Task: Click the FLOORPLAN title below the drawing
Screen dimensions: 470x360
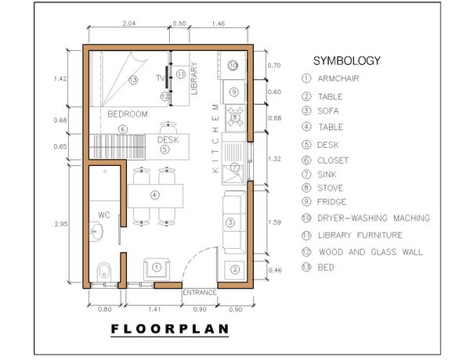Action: tap(170, 329)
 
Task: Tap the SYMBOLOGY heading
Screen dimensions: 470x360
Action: tap(347, 61)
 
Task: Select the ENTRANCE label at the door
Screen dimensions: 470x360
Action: tap(200, 293)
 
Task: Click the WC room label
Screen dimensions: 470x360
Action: tap(104, 215)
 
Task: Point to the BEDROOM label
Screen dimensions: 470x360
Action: tap(128, 114)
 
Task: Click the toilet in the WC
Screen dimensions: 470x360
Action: tap(104, 272)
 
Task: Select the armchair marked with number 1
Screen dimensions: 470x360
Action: tap(157, 268)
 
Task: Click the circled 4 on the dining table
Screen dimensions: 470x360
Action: tap(154, 196)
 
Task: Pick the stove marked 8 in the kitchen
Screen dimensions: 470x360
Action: tap(235, 117)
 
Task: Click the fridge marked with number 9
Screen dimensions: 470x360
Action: tap(233, 92)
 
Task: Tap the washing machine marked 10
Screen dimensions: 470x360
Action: tap(233, 65)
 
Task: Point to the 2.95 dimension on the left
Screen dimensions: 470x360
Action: tap(61, 224)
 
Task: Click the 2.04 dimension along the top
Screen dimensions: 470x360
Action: tap(129, 23)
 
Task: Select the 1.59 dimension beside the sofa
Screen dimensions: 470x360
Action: tap(275, 222)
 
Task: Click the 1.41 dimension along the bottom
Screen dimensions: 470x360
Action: tap(154, 309)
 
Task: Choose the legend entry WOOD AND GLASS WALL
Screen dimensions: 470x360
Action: tap(371, 252)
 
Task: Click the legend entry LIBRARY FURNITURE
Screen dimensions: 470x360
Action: tap(360, 235)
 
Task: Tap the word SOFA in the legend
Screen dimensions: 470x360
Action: tap(328, 111)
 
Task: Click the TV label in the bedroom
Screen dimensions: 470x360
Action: tap(160, 78)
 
